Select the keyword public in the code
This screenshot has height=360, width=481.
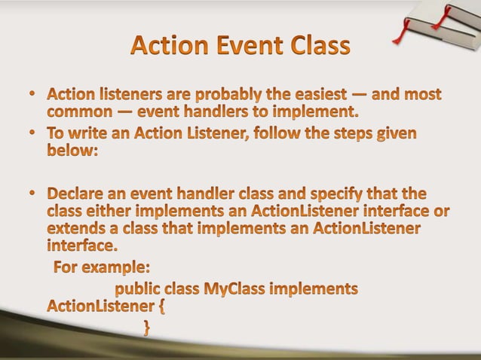(138, 288)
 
